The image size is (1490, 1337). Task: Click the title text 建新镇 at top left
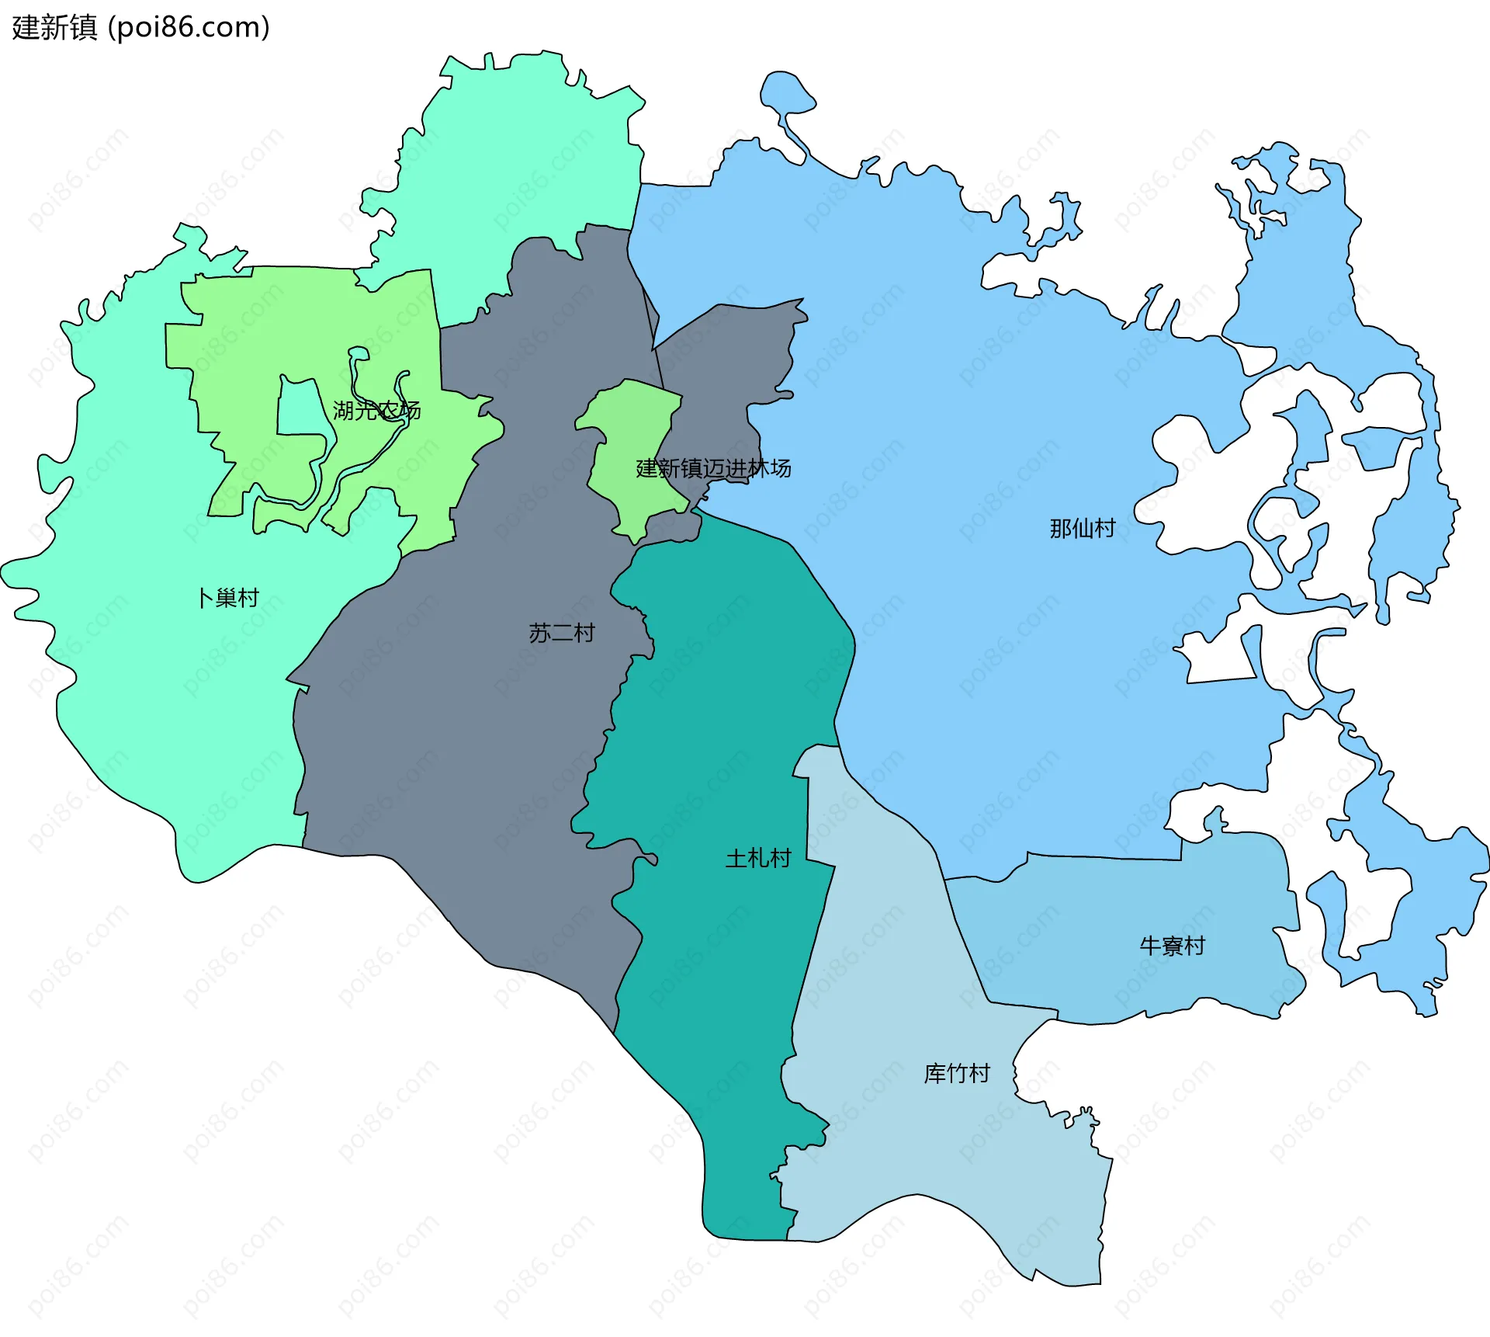54,28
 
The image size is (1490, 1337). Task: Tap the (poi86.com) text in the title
189,28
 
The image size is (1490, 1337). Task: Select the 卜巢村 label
227,598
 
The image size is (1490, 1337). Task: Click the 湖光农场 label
376,410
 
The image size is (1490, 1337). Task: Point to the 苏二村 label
561,633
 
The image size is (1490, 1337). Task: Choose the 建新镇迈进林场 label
713,468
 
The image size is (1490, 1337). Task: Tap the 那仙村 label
1082,529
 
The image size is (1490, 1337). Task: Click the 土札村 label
757,858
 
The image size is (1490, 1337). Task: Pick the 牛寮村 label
1172,946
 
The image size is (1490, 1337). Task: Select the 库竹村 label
956,1074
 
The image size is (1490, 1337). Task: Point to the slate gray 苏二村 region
466,738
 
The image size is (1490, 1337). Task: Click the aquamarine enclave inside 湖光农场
299,412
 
